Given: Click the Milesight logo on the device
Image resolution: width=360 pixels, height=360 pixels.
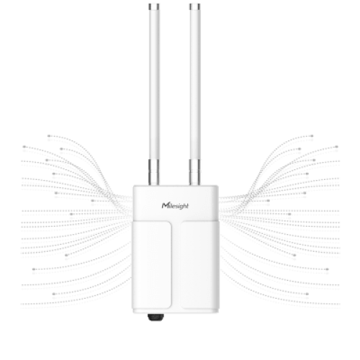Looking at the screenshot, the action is pos(175,206).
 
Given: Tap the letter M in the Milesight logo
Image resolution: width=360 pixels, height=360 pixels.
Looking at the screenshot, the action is pos(165,205).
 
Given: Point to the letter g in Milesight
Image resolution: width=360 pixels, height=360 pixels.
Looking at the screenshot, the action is pos(181,207).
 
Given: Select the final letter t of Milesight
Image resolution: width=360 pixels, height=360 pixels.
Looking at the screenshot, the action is pos(187,206).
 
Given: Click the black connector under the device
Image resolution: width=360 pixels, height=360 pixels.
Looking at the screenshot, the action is pos(156,317).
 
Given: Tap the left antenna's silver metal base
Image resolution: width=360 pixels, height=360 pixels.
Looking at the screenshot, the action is pos(153,172).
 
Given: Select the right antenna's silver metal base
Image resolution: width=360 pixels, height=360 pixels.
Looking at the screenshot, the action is pos(194,172).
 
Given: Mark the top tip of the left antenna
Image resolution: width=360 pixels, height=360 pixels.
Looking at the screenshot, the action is pos(154,4).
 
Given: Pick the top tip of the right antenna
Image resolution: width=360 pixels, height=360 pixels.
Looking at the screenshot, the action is pos(194,4).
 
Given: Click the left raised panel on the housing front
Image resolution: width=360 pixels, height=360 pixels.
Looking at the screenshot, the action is pos(152,264).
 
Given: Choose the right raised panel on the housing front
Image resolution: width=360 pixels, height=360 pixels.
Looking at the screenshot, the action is pos(199,264).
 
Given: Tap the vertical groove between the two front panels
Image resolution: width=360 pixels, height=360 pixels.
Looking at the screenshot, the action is pos(176,264).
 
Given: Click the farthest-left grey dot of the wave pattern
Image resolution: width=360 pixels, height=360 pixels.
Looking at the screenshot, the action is pos(24,147).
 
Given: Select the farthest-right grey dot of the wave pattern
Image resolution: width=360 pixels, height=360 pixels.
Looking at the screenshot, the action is pos(336,147).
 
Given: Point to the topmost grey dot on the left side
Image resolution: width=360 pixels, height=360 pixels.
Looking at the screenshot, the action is pos(49,136).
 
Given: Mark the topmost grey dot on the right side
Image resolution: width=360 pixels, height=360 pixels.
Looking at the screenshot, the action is pos(312,136).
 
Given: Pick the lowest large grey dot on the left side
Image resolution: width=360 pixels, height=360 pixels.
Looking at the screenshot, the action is pos(53,294).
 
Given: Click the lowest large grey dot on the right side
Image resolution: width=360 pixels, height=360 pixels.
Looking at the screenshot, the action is pos(307,294).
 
